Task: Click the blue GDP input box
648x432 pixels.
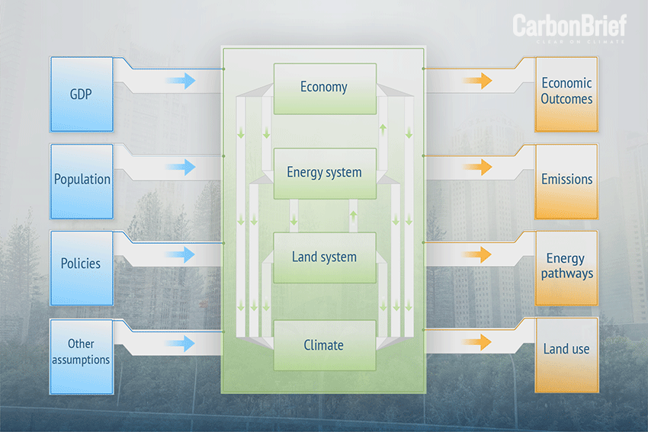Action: point(82,94)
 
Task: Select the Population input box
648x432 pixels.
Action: point(82,181)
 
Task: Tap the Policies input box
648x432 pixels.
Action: point(82,264)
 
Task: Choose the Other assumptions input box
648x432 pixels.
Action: point(82,353)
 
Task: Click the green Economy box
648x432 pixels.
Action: point(324,88)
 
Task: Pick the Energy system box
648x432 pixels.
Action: point(324,173)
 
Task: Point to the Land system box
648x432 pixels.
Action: point(324,258)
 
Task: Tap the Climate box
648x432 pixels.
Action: point(324,345)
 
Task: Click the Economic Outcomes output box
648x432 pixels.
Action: point(566,91)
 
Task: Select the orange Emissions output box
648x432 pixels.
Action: point(566,180)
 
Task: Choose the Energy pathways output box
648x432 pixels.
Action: point(566,267)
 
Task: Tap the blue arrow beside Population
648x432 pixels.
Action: point(181,168)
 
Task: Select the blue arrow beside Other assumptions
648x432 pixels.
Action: point(181,343)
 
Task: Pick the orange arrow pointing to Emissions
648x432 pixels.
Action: point(477,168)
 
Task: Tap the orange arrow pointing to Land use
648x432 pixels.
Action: point(477,342)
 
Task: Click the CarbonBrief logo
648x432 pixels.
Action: point(569,28)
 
